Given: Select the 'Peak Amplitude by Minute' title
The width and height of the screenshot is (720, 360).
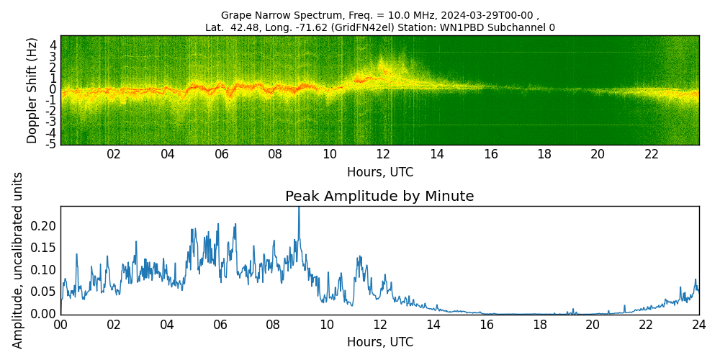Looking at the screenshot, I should coord(379,197).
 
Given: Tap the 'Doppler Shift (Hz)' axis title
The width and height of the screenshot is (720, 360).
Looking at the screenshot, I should coord(32,90).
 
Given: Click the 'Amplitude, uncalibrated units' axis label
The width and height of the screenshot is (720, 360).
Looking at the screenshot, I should coord(18,260).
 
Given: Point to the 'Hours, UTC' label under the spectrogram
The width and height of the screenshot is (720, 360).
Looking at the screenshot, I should coord(379,173).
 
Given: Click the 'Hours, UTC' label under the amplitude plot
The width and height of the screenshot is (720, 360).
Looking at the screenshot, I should coord(379,342).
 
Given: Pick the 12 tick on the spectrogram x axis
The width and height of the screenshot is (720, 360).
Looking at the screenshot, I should coord(383,154).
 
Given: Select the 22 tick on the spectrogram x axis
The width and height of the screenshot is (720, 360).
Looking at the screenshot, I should coord(652,154).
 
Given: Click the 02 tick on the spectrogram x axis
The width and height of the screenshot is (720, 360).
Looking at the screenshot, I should coord(114,154).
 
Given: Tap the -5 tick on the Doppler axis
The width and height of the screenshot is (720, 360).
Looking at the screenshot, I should coord(51,144).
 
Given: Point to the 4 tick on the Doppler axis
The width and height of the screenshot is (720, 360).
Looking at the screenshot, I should coord(53,45).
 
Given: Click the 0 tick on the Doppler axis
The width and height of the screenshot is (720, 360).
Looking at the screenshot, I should coord(53,89).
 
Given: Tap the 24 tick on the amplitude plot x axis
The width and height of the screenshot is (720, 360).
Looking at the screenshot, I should coord(698,325).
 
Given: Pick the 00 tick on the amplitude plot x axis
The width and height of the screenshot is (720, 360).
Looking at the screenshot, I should coord(60,325).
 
